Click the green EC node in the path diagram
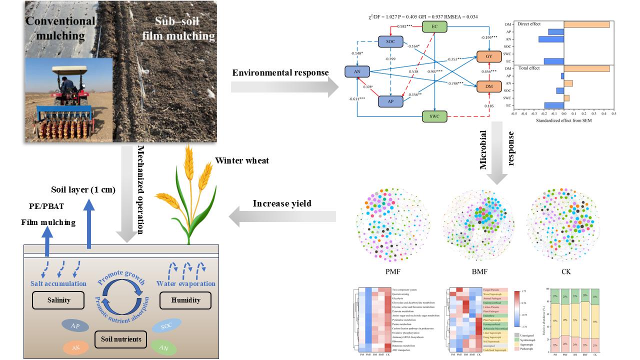434,26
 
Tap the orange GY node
488,57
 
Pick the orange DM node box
488,87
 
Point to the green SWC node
434,117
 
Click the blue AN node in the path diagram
357,72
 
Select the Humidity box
185,300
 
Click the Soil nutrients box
120,339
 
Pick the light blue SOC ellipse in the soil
165,326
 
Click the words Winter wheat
242,161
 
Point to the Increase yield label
282,203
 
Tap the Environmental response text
280,73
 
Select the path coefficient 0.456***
489,72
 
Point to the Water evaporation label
185,283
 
